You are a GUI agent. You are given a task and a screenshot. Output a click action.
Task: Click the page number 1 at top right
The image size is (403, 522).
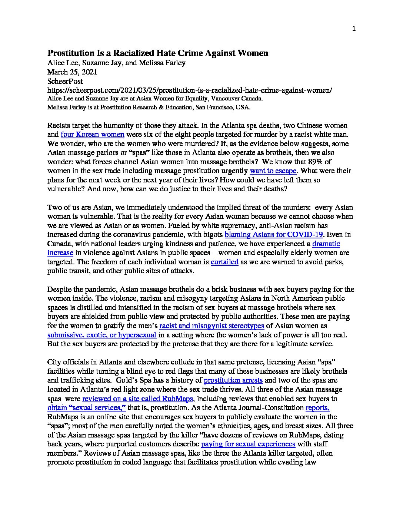[x=354, y=29]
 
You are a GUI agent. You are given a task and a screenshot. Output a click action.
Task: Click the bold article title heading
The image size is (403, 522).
[x=158, y=53]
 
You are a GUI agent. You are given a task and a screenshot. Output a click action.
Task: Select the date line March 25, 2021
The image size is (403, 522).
[x=72, y=72]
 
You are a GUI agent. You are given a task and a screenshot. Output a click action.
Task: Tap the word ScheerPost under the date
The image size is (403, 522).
[x=65, y=81]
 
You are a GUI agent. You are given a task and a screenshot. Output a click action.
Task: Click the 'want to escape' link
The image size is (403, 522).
[x=273, y=171]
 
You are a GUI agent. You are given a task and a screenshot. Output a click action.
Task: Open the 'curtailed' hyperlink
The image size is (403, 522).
[x=224, y=262]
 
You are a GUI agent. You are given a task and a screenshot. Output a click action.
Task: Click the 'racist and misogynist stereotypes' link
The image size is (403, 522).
[x=212, y=326]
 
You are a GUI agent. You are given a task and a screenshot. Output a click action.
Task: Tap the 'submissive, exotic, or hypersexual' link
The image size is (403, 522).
[x=102, y=335]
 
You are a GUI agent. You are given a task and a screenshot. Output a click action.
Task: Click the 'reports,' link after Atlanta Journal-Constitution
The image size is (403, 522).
[x=317, y=408]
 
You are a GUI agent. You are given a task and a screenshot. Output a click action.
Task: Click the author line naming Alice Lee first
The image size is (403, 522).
[x=116, y=63]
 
